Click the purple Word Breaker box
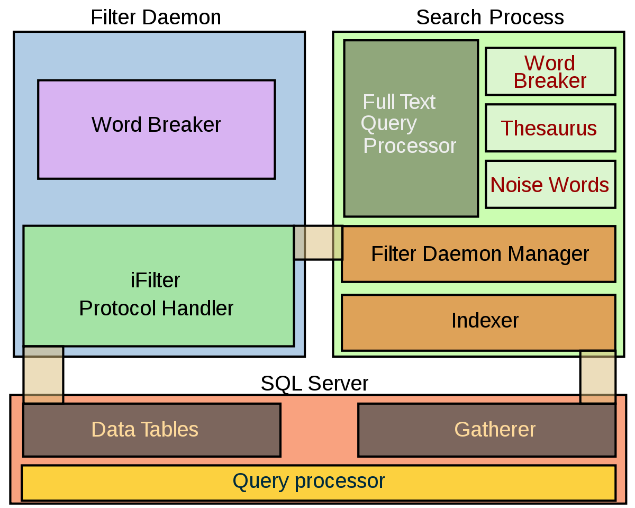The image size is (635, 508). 156,129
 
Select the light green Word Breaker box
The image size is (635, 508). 550,71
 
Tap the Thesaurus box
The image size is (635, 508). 550,128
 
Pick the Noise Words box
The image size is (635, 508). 550,185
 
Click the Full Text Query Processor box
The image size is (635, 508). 411,128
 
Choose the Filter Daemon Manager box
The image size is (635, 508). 478,254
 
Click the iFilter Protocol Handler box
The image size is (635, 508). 158,286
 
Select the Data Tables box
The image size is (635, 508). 151,430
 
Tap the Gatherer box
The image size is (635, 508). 487,430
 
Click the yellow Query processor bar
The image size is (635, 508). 319,482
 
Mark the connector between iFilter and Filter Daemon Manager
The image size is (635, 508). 318,243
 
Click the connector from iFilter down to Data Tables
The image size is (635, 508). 43,375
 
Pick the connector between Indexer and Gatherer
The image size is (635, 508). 598,377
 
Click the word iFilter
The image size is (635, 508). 156,280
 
